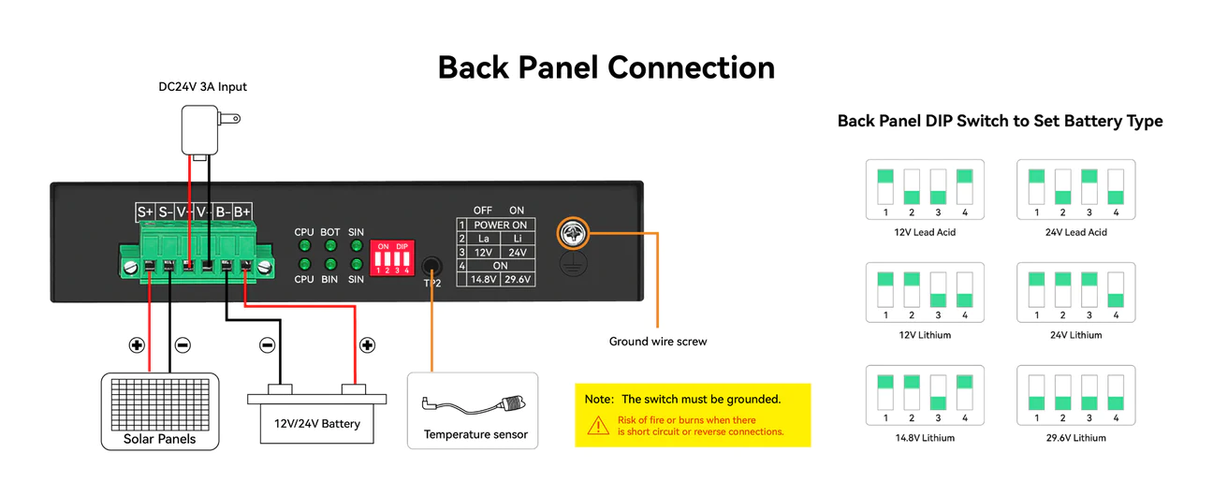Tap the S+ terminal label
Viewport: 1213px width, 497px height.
coord(144,212)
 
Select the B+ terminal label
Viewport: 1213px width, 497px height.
coord(242,212)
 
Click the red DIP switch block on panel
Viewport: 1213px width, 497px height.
coord(392,258)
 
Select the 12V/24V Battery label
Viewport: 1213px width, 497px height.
coord(316,424)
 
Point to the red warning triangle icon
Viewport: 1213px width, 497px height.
coord(597,426)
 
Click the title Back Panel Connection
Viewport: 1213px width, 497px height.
coord(606,67)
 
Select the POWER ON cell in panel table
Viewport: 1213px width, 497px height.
coord(500,225)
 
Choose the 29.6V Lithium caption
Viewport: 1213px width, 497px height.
coord(1075,437)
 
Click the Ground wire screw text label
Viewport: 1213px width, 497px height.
coord(657,342)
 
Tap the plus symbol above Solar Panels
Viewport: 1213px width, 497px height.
coord(138,345)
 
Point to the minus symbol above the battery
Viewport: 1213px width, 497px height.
coord(267,345)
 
